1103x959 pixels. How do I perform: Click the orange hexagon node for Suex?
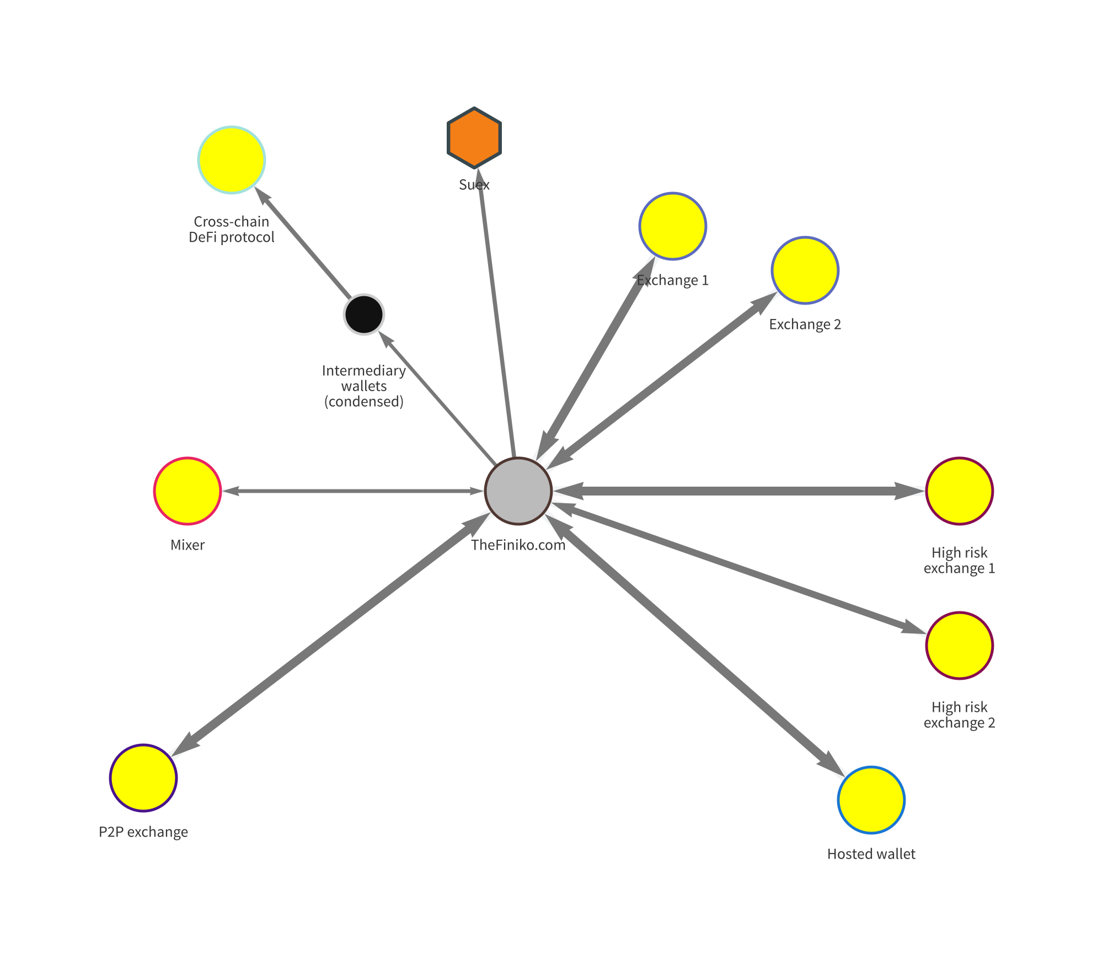point(474,137)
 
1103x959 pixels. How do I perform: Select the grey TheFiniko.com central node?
point(518,491)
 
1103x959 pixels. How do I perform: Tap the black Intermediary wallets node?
point(364,315)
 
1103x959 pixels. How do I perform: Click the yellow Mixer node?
point(188,491)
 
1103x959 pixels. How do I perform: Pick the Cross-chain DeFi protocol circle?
point(232,160)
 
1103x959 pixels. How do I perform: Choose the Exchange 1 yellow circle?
point(673,226)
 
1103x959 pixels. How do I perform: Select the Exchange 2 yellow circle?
point(805,270)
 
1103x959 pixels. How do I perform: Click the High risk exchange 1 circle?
point(960,491)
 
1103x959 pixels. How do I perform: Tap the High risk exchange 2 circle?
point(960,645)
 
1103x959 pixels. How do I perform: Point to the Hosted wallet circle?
point(871,800)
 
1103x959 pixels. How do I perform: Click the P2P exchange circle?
point(143,777)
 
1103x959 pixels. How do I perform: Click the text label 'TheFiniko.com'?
point(518,545)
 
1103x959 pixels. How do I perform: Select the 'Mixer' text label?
point(188,545)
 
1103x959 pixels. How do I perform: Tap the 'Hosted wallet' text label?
point(871,854)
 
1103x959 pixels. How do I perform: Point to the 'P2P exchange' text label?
point(143,832)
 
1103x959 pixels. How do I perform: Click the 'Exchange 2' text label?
point(805,324)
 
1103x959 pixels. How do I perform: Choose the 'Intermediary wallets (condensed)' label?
point(364,386)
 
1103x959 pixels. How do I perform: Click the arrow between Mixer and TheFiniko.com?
point(353,491)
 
